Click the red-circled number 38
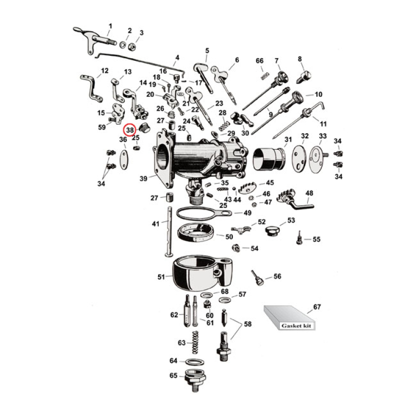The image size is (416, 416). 129,129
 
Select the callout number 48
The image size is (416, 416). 309,194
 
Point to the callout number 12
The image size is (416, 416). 105,71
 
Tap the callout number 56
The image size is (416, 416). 277,277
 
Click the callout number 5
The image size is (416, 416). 207,50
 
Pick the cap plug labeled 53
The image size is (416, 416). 271,230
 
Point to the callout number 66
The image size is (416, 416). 260,61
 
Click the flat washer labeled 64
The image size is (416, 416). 194,361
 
